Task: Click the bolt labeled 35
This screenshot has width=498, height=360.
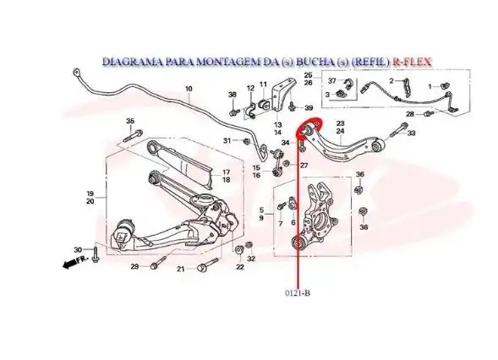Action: (x=131, y=136)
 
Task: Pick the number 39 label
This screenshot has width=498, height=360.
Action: (x=309, y=108)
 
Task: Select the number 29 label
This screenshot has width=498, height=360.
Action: (x=134, y=267)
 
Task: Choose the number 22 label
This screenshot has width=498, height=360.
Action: (x=239, y=267)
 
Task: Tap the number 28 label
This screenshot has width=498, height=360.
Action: (x=408, y=113)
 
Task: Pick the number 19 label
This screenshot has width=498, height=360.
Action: (x=90, y=194)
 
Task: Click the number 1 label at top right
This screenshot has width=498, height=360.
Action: (x=430, y=86)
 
